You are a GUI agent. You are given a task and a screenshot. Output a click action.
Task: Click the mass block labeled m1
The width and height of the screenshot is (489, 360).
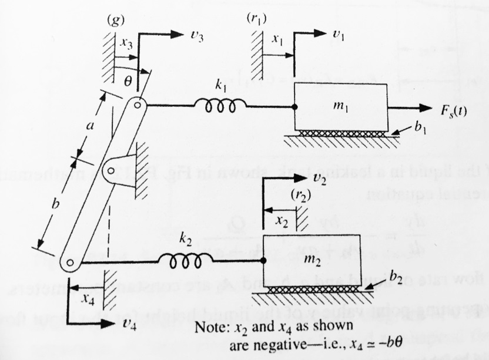click(x=340, y=107)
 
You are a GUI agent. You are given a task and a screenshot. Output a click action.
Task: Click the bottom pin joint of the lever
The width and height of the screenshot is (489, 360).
click(x=70, y=264)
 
